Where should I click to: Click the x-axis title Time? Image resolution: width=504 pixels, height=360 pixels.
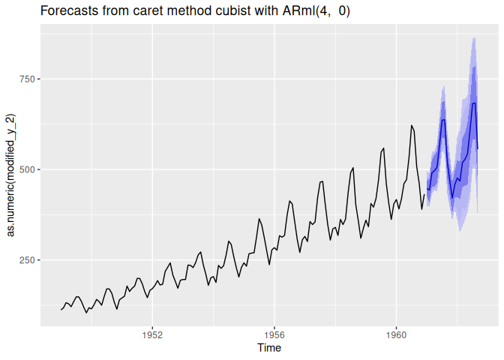pos(269,348)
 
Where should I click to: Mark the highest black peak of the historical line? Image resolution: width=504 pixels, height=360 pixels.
pos(412,125)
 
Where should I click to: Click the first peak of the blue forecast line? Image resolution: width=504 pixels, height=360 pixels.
pos(443,120)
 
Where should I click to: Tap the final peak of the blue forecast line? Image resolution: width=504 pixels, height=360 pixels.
pos(474,103)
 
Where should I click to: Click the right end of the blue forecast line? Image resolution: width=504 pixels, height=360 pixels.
pos(478,149)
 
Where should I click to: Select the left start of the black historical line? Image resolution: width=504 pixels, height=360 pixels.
pos(61,310)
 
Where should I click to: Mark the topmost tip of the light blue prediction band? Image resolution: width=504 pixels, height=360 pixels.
pos(474,37)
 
